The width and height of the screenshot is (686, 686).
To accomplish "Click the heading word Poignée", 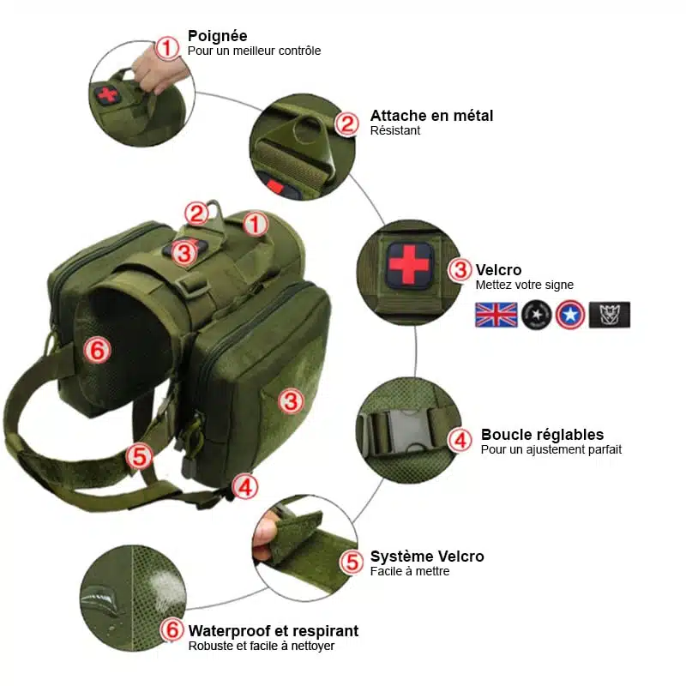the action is (218, 36).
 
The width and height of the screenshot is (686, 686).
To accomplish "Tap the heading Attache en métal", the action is (431, 116).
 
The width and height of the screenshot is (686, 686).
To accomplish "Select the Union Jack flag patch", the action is (496, 315).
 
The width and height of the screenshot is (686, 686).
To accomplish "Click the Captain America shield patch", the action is (570, 315).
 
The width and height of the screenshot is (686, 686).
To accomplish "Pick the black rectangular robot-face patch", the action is (610, 315).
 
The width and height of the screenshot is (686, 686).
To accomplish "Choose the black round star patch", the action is (537, 315).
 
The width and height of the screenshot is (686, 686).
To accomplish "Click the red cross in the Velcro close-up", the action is (409, 264).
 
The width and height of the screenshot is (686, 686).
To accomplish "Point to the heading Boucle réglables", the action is (542, 435).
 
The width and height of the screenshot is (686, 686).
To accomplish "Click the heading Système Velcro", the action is (427, 556).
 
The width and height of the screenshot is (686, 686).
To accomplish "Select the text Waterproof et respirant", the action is (274, 631).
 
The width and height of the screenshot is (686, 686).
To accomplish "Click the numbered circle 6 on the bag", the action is (97, 350).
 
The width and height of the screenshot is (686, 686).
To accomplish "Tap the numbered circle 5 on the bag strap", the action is (139, 456).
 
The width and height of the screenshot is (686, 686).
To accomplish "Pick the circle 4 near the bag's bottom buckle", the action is (245, 486).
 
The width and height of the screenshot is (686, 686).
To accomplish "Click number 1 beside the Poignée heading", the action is (167, 48).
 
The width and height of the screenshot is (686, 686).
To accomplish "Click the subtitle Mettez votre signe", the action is (524, 285).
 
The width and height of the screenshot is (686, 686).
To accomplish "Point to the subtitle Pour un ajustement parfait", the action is (551, 449).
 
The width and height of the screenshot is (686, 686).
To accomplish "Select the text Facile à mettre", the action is (410, 571).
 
